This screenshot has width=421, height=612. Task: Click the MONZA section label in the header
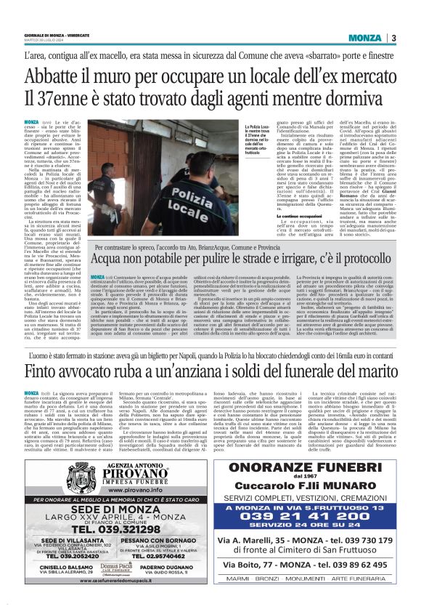365,37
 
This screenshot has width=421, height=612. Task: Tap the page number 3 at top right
393,37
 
